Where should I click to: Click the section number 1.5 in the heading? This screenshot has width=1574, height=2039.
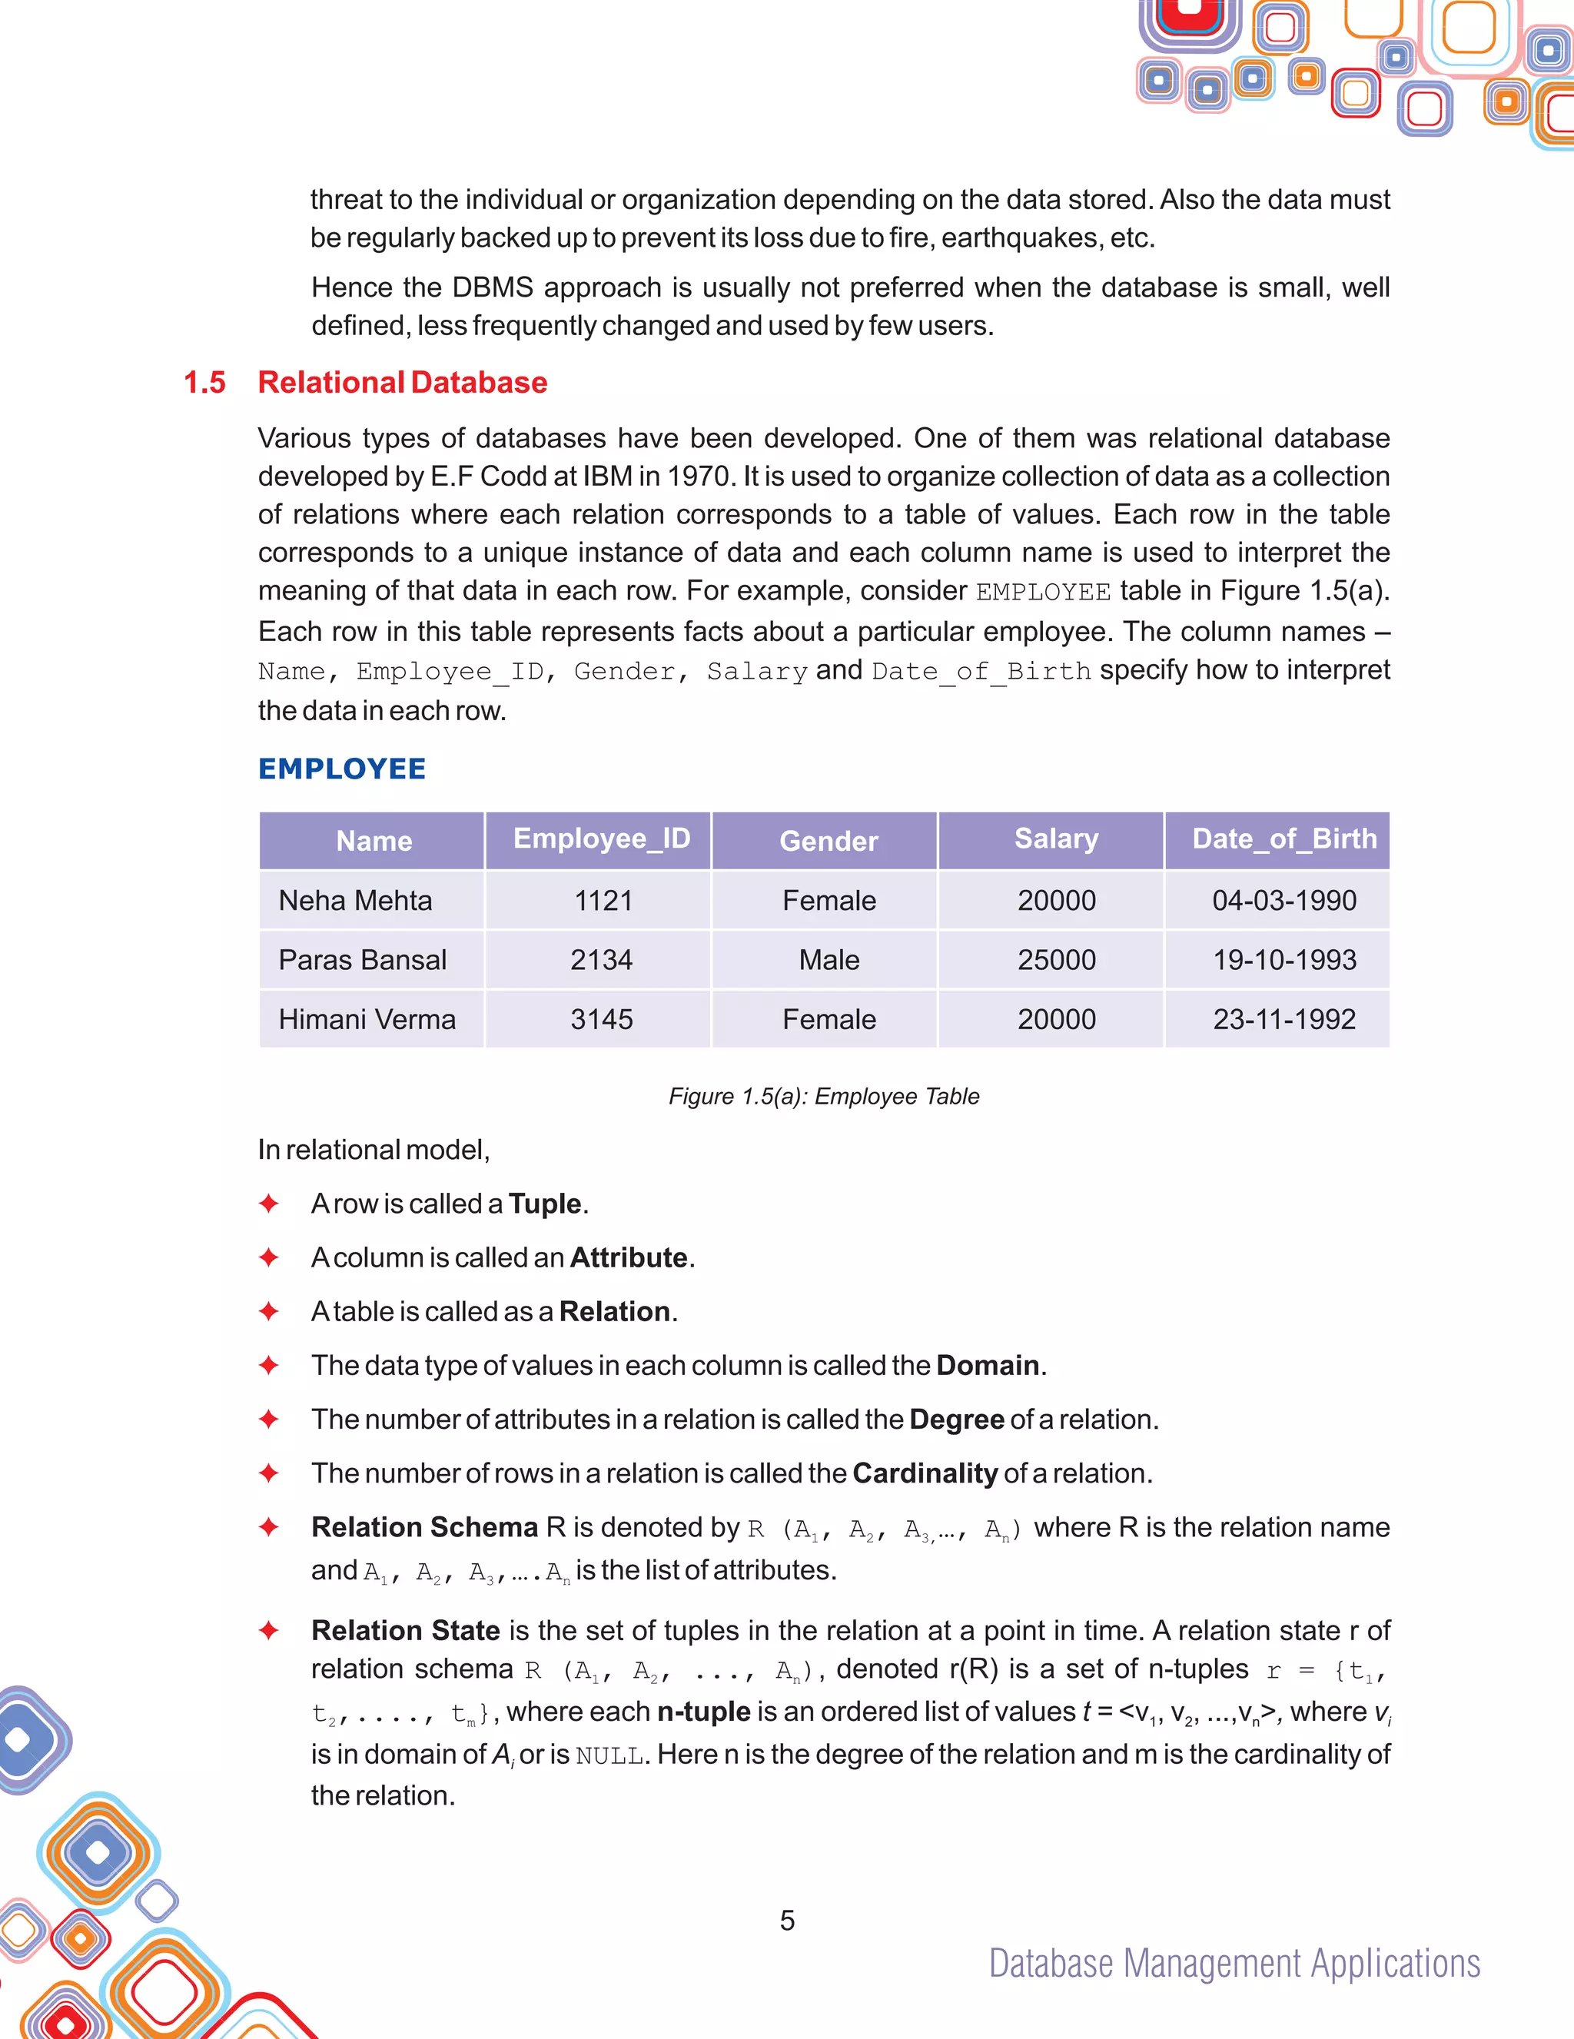click(x=204, y=383)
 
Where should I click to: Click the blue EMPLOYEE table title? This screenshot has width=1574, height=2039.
click(x=342, y=769)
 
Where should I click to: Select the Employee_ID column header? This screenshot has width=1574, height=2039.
click(x=601, y=839)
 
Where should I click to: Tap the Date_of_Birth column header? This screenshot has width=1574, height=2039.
click(x=1283, y=839)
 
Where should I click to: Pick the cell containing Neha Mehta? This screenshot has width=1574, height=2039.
click(x=355, y=901)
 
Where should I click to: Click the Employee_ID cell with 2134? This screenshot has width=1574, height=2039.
click(x=601, y=960)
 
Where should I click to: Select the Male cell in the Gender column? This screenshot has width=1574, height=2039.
click(x=829, y=960)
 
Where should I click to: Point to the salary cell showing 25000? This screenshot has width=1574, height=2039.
click(x=1056, y=960)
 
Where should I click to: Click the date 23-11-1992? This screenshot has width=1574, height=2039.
click(x=1283, y=1019)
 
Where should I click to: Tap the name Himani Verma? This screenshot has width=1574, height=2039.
click(x=367, y=1019)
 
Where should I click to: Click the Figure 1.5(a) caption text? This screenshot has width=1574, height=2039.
click(x=823, y=1096)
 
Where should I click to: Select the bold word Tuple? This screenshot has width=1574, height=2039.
click(x=544, y=1204)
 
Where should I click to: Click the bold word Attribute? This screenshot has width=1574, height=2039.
click(x=628, y=1257)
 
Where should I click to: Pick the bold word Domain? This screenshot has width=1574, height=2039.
click(x=987, y=1366)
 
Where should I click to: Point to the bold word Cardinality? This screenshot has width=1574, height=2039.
click(x=925, y=1473)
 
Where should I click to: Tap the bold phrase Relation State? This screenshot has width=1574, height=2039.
click(x=405, y=1631)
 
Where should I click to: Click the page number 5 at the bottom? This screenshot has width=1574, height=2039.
click(x=787, y=1921)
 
